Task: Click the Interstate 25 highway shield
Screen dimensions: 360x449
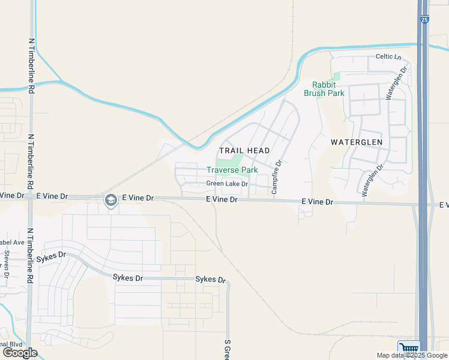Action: coord(424,20)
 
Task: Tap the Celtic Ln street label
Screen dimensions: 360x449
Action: coord(388,57)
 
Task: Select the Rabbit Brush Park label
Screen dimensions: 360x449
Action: coord(328,89)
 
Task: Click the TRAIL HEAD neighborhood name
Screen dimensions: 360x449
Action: coord(244,150)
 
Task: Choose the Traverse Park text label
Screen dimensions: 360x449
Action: coord(232,170)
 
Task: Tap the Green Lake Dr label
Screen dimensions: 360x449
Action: coord(227,184)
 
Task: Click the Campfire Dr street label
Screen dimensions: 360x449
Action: coord(276,176)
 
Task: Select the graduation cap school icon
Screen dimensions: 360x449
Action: coord(110,200)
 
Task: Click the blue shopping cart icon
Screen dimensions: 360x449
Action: coord(409,349)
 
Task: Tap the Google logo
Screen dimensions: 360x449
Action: coord(20,353)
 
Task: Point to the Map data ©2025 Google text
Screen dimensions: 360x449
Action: coord(412,355)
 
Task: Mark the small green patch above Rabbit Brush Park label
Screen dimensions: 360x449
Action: coord(336,77)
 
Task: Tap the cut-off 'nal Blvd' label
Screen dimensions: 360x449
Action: coord(11,344)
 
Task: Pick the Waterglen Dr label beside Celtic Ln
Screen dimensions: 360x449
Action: coord(397,82)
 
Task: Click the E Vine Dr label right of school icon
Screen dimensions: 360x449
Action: coord(137,197)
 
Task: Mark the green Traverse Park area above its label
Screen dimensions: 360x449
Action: coord(229,161)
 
